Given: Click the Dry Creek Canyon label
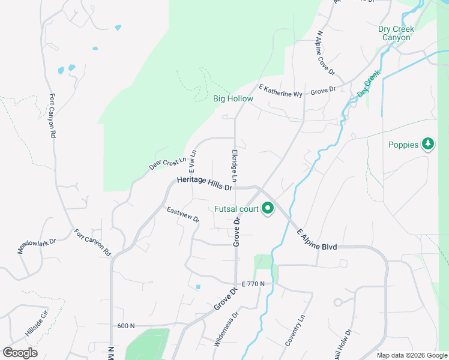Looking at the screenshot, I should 394,33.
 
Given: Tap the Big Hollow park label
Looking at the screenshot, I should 233,98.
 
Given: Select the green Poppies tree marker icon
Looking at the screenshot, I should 427,144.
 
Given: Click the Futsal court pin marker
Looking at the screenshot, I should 268,209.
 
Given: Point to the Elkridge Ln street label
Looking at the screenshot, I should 234,166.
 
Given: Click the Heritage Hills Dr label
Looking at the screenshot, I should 204,184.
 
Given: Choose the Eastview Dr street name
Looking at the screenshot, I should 183,214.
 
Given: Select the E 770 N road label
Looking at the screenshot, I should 253,283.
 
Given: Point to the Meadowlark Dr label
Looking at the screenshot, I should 37,245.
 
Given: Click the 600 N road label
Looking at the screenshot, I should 126,326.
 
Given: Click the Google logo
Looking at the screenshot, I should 20,353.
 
